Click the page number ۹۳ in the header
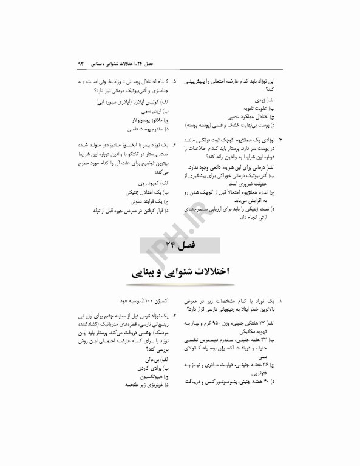(x=81, y=63)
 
